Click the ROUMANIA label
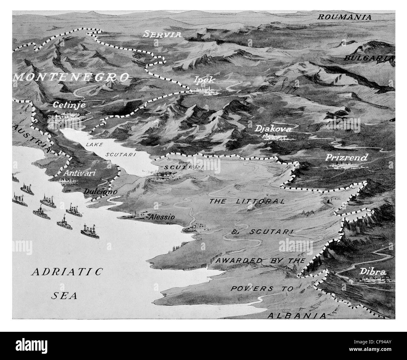click(x=344, y=17)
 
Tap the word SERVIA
click(x=162, y=34)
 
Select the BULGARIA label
click(x=368, y=58)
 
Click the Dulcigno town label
click(x=100, y=191)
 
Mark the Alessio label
click(x=162, y=217)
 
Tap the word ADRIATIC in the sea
click(x=67, y=271)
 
